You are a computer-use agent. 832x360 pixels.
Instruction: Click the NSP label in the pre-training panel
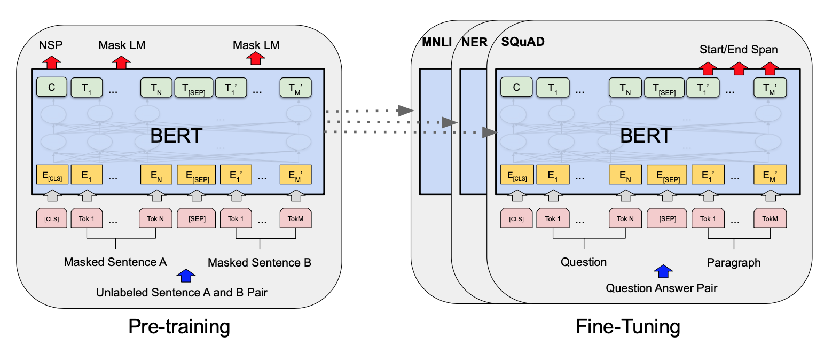[x=51, y=45]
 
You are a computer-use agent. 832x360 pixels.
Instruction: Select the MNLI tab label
[x=433, y=42]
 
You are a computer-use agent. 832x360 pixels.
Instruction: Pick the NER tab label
[x=474, y=42]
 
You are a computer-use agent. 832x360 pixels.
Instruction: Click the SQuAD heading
[x=523, y=42]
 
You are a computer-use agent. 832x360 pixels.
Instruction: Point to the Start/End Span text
[x=739, y=50]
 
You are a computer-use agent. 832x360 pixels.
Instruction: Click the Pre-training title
[x=179, y=327]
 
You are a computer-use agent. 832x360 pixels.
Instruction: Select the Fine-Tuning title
[x=628, y=327]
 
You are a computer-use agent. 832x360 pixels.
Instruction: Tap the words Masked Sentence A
[x=115, y=262]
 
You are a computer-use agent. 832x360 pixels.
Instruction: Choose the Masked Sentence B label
[x=259, y=263]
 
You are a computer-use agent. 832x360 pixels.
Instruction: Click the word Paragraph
[x=733, y=263]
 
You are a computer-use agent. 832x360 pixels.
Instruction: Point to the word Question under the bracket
[x=583, y=262]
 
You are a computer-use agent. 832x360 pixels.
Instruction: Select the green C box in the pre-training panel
[x=51, y=88]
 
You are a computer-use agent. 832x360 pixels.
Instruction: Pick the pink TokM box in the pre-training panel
[x=295, y=218]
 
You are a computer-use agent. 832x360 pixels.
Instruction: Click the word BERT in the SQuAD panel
[x=645, y=136]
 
